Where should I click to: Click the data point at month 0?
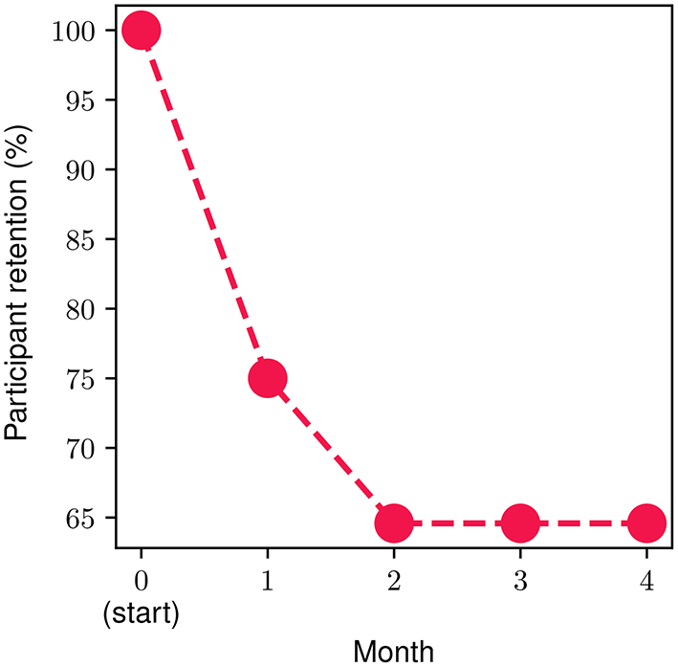tap(142, 31)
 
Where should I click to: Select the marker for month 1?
tap(268, 378)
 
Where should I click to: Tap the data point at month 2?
tap(393, 523)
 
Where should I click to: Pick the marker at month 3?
tap(519, 523)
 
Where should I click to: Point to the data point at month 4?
tap(645, 523)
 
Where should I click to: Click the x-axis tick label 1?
tap(268, 582)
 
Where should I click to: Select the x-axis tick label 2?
tap(393, 582)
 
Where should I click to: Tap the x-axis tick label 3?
tap(519, 582)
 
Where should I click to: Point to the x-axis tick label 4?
tap(645, 582)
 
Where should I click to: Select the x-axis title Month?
tap(393, 651)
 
